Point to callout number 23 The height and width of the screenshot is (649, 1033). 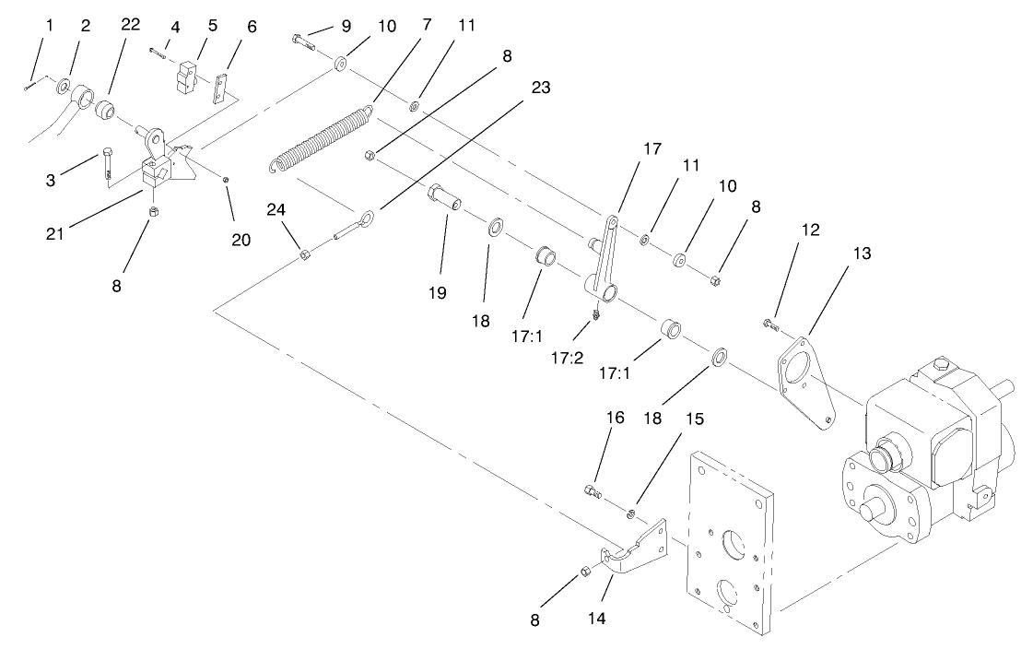coord(541,88)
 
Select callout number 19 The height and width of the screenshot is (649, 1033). coord(437,293)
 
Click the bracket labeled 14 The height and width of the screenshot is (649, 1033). coord(636,550)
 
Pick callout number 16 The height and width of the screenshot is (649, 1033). coord(615,418)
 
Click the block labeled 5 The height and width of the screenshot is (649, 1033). coord(189,77)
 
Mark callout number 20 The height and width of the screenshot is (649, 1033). coord(241,240)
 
